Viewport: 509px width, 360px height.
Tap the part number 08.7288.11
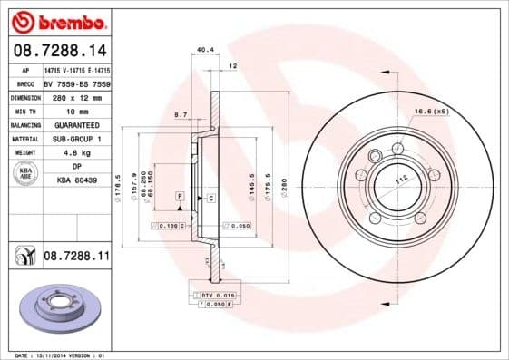tap(76, 258)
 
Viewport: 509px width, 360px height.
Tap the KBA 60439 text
tap(77, 180)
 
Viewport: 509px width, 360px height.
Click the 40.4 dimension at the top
tap(204, 51)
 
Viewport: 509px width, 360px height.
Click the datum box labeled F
tap(180, 197)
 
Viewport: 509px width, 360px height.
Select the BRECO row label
tap(25, 82)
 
